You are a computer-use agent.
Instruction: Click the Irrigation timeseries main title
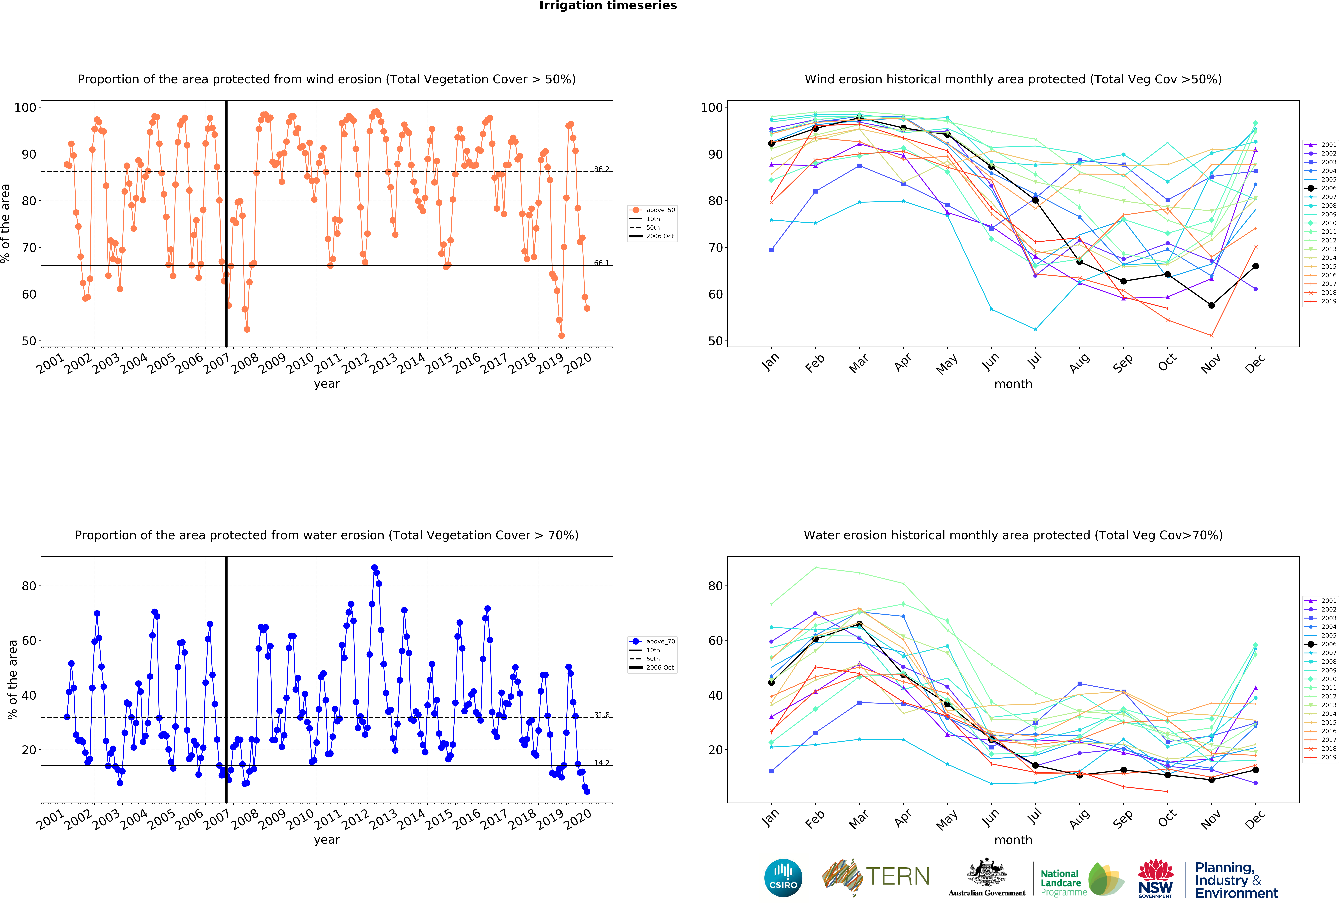click(x=608, y=6)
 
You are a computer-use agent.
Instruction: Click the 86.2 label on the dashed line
click(x=602, y=169)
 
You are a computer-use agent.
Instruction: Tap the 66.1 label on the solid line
click(x=602, y=263)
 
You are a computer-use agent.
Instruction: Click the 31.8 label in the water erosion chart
click(x=602, y=715)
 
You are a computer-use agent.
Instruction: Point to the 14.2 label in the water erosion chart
click(x=602, y=763)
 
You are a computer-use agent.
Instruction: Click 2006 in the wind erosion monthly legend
click(x=1328, y=188)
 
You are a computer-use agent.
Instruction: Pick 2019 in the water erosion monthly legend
click(x=1328, y=757)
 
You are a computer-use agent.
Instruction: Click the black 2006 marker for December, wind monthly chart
click(x=1255, y=266)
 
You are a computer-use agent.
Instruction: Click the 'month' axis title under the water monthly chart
click(x=1013, y=840)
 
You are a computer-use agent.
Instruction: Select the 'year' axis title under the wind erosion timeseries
click(x=327, y=384)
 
